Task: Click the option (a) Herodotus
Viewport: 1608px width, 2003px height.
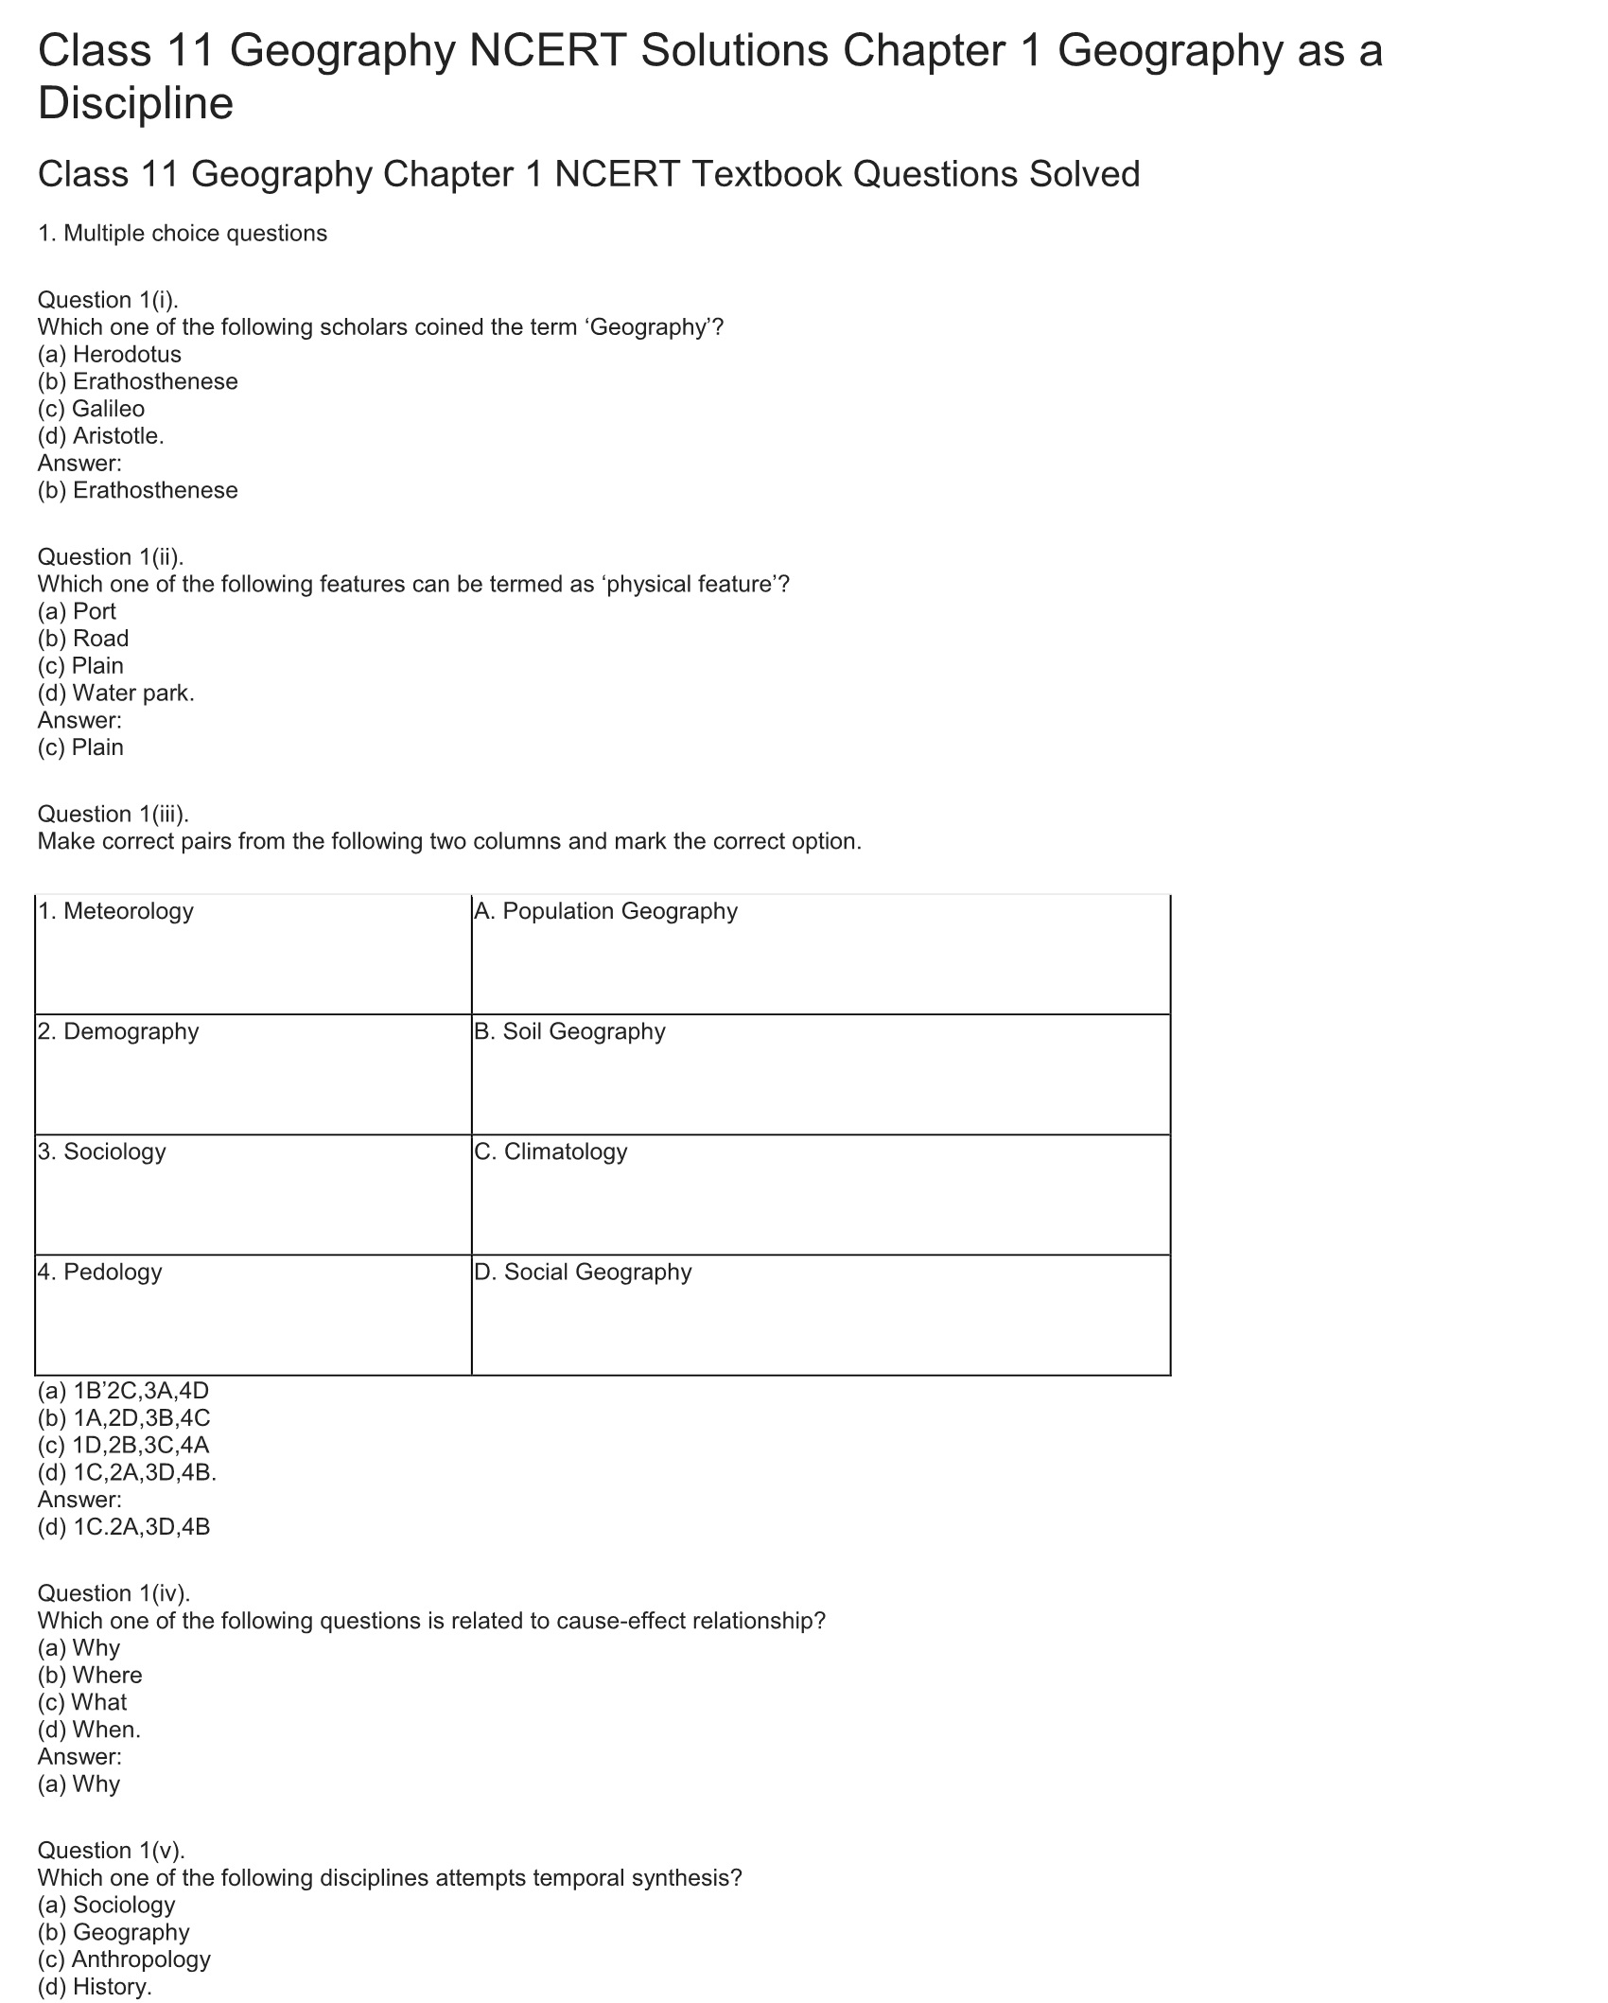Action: pos(109,354)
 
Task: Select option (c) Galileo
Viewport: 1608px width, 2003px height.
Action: pos(91,409)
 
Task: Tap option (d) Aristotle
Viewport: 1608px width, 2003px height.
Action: pos(100,436)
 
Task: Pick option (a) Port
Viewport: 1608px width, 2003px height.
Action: pos(77,611)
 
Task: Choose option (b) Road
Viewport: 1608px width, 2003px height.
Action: pos(83,639)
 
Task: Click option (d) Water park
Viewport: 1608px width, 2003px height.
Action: pos(115,693)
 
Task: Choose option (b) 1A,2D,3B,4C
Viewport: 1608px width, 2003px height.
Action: pos(124,1418)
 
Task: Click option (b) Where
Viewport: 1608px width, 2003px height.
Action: pos(90,1676)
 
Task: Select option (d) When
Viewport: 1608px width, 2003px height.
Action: pos(89,1731)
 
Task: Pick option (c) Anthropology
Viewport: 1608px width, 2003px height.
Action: pos(124,1959)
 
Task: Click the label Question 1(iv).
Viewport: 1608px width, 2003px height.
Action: pos(114,1593)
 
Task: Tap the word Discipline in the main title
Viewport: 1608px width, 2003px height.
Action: pos(135,103)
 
